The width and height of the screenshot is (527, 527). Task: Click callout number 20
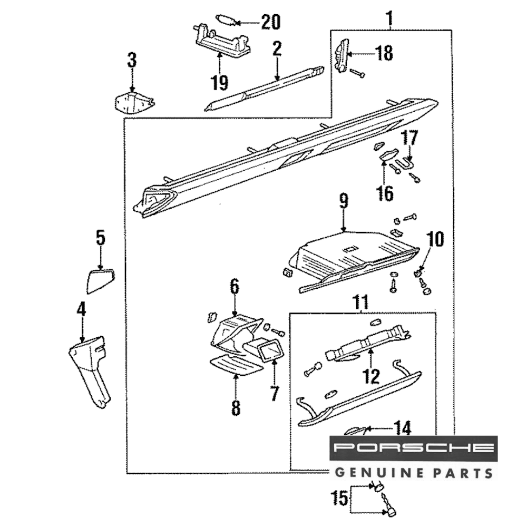(271, 22)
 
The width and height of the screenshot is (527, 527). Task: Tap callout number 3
(132, 59)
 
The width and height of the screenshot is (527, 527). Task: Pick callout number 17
(410, 139)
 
